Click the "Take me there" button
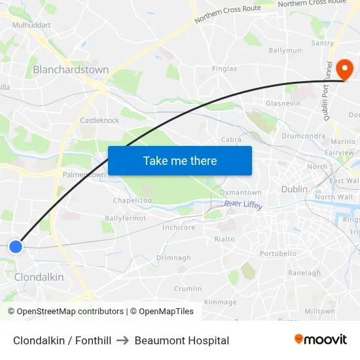click(180, 160)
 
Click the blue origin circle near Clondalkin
click(16, 247)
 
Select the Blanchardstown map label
click(71, 69)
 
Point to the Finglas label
click(225, 68)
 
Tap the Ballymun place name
click(285, 50)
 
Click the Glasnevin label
click(283, 103)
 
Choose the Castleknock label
click(99, 120)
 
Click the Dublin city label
click(294, 189)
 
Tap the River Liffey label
click(243, 206)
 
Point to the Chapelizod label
click(132, 200)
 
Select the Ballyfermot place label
click(125, 218)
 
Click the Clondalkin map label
click(39, 277)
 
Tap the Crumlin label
click(188, 289)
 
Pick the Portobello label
click(278, 253)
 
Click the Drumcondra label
click(303, 136)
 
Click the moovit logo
click(320, 340)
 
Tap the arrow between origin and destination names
click(122, 340)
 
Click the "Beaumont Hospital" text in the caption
click(181, 340)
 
